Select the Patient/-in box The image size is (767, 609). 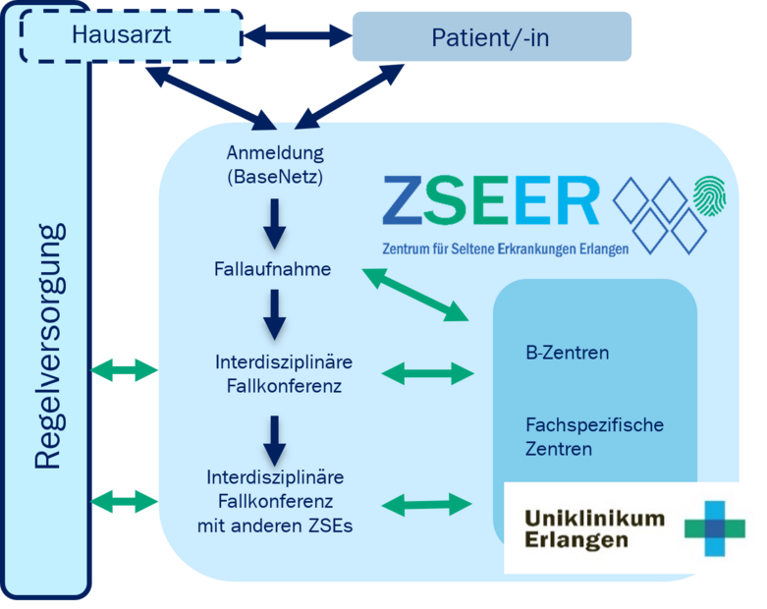click(x=492, y=36)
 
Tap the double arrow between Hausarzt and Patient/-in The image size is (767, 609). click(x=298, y=35)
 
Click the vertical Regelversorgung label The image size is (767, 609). click(x=49, y=347)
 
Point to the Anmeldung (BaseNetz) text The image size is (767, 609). click(x=275, y=164)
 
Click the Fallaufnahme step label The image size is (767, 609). click(x=272, y=269)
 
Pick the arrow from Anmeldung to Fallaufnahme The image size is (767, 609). click(x=274, y=224)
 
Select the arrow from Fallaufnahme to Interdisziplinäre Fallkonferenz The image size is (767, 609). click(x=274, y=314)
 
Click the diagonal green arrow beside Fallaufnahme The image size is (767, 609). click(x=415, y=295)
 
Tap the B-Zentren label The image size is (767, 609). click(x=568, y=353)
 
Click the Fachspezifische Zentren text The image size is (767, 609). click(x=594, y=437)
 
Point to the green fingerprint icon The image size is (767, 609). click(x=710, y=196)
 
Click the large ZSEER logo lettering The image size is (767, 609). click(x=491, y=200)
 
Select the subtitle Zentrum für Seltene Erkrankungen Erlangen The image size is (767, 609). click(x=506, y=249)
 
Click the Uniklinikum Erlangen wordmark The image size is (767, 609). click(x=594, y=528)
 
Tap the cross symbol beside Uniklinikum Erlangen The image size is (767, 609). click(x=715, y=528)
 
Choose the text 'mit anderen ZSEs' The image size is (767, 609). click(x=275, y=526)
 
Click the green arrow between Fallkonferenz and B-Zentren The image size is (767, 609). click(x=427, y=374)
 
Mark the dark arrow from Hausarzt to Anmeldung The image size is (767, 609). click(x=211, y=98)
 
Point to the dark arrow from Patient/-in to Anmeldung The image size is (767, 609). click(x=350, y=97)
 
